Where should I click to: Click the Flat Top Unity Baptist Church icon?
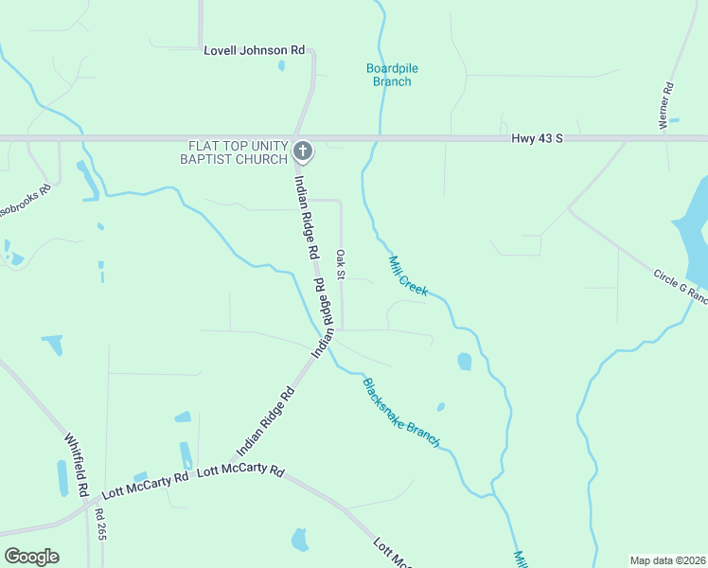coord(303,150)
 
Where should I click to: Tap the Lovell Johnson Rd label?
coord(255,49)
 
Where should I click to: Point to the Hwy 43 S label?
coord(537,138)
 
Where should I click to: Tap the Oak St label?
coord(341,264)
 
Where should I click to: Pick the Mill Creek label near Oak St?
coord(409,275)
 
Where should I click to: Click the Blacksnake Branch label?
coord(401,413)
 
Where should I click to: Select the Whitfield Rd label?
coord(77,465)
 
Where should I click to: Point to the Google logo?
coord(31,556)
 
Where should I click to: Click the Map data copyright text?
coord(668,559)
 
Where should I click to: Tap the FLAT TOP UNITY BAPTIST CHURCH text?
coord(238,151)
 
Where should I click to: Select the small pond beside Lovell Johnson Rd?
coord(281,65)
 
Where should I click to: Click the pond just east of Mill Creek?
coord(464,361)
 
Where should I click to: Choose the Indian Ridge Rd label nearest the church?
coord(304,218)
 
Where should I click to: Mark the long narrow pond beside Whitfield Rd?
coord(62,477)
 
